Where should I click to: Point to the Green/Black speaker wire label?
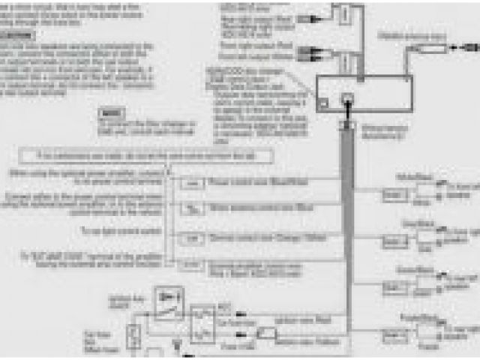pos(410,268)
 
